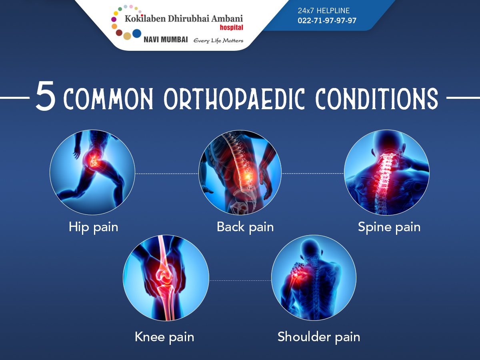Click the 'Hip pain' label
93,227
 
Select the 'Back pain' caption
245,227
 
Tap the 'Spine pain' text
389,227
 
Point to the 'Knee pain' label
164,337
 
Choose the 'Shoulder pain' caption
319,337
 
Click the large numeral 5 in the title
45,96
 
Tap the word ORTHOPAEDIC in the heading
234,98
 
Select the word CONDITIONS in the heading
377,98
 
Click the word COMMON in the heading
108,98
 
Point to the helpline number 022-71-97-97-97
327,20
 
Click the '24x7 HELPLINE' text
324,10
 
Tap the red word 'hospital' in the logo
231,28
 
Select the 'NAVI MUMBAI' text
166,40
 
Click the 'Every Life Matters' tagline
218,41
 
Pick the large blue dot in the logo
137,34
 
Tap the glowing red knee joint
164,276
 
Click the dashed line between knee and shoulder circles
240,280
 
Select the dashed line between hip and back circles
167,174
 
